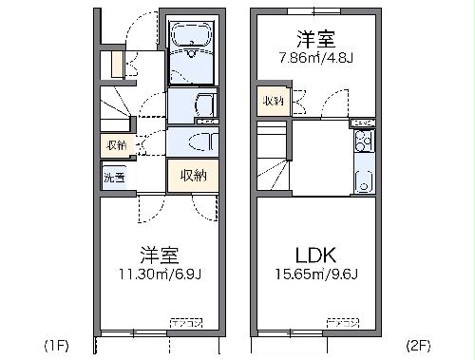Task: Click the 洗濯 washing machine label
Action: (x=114, y=177)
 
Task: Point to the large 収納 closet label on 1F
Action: (x=193, y=174)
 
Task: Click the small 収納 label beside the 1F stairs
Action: (x=115, y=144)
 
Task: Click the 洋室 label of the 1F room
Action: (x=160, y=256)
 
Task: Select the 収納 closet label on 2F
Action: (x=273, y=101)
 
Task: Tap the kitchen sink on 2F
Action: (x=362, y=179)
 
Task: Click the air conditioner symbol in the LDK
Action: (x=341, y=324)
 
